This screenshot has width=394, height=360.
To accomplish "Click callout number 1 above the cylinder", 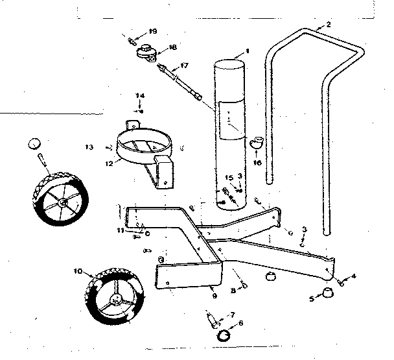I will point(246,51).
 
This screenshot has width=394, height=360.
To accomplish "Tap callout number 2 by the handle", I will point(329,25).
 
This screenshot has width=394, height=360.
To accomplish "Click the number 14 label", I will point(139,96).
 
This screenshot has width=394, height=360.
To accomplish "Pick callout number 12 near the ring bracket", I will point(108,163).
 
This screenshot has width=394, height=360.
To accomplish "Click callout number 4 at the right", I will point(354,277).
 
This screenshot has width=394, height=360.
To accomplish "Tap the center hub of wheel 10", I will point(115,300).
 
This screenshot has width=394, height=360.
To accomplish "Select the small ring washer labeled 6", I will point(224,335).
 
